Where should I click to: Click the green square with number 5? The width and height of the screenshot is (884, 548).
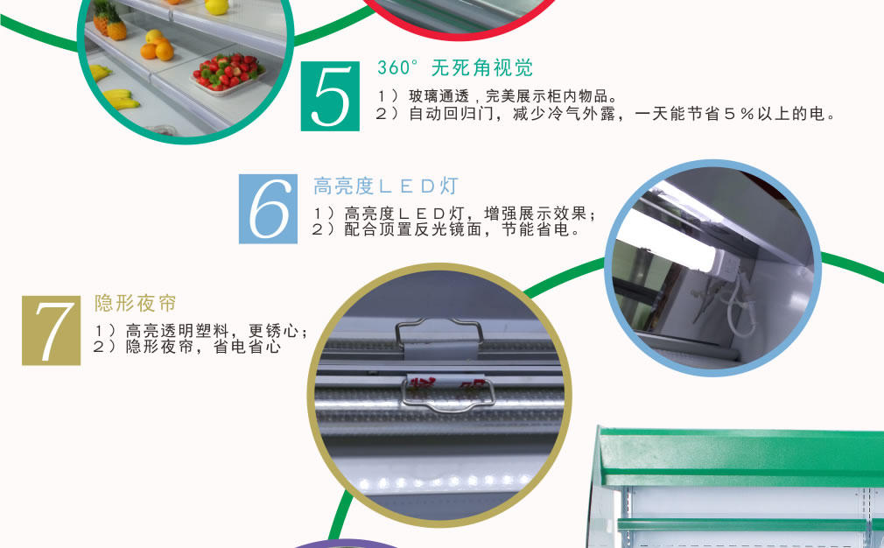[x=330, y=96]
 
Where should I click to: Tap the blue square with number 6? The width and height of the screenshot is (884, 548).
[x=268, y=209]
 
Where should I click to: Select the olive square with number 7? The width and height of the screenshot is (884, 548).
[x=52, y=330]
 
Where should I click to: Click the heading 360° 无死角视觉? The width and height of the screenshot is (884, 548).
[x=454, y=68]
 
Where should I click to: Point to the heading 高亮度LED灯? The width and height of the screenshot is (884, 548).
[x=386, y=186]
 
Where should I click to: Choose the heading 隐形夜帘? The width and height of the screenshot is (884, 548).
[x=136, y=303]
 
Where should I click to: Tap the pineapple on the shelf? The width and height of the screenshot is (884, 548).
[x=109, y=19]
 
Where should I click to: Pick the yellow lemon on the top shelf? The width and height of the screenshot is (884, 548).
[x=217, y=6]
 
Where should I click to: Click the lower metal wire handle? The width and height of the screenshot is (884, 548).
[x=448, y=395]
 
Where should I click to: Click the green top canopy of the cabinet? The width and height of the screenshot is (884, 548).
[x=740, y=457]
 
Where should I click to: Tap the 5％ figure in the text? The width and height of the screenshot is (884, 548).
[x=739, y=114]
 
